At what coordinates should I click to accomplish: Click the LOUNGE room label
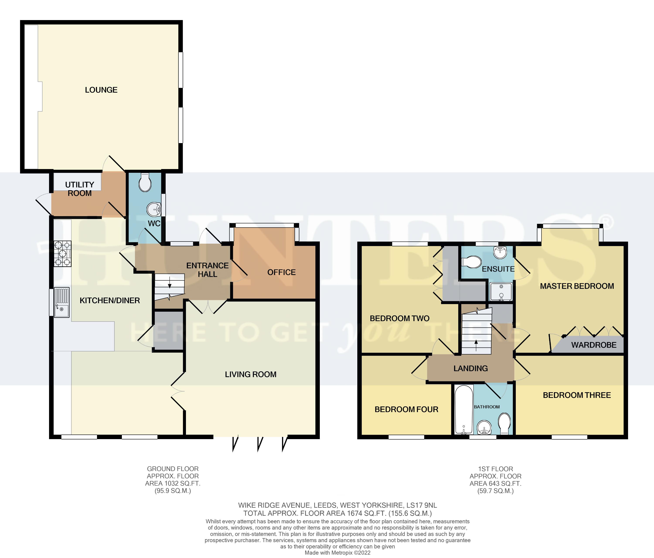point(101,90)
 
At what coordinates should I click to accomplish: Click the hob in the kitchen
point(63,253)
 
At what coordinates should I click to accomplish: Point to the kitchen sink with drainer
point(61,302)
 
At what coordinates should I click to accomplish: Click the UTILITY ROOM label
point(80,189)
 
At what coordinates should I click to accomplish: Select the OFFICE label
point(281,272)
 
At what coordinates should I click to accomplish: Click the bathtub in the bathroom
point(464,409)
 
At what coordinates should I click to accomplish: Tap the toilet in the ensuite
point(472,262)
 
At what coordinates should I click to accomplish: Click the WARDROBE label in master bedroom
point(593,345)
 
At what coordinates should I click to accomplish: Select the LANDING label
point(470,368)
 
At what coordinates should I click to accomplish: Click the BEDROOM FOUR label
point(406,409)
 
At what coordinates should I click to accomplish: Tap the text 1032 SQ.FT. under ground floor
point(182,483)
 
